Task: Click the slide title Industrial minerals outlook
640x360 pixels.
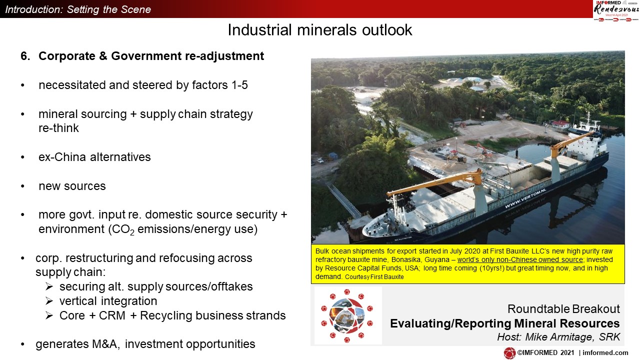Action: [319, 30]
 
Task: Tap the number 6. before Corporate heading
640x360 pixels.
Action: [25, 56]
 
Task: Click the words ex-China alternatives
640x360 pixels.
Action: [94, 157]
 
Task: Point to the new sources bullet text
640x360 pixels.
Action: [72, 186]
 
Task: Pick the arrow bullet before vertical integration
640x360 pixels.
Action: [49, 301]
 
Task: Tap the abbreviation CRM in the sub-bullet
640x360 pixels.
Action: [112, 315]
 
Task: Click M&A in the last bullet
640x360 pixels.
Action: [105, 344]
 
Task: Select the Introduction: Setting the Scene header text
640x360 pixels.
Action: [78, 9]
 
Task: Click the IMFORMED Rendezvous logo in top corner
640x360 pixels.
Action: [616, 10]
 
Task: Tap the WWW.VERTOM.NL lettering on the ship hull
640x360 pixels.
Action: [525, 198]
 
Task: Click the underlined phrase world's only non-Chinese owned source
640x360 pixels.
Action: [520, 259]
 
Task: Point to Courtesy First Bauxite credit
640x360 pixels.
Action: [374, 277]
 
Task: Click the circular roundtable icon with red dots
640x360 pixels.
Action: [347, 315]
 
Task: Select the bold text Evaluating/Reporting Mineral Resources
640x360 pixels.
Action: [505, 323]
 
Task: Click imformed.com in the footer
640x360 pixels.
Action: [605, 353]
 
